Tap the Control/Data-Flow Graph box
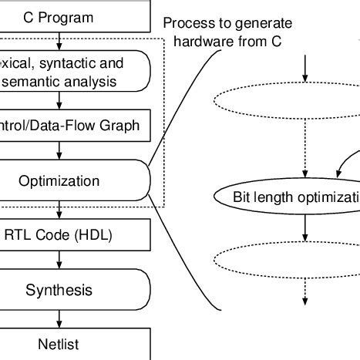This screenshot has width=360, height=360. (x=69, y=124)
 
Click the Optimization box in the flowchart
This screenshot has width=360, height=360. (x=69, y=182)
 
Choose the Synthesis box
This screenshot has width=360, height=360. (x=69, y=291)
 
